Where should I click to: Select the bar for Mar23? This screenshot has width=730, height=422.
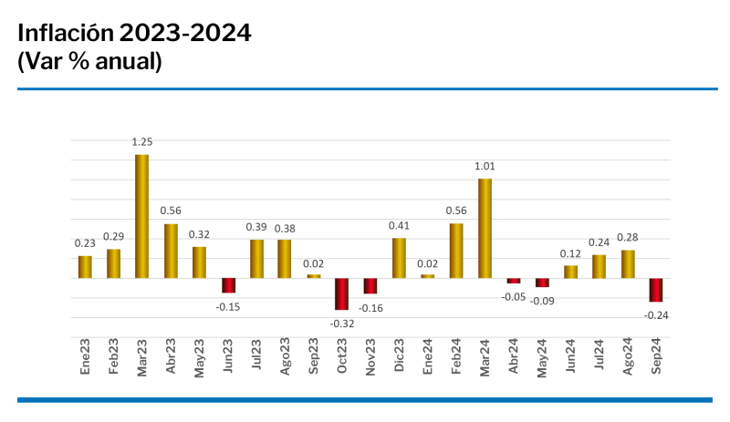pyautogui.click(x=141, y=216)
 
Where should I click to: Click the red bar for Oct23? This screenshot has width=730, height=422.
pyautogui.click(x=341, y=293)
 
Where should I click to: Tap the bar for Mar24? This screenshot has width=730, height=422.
pyautogui.click(x=485, y=228)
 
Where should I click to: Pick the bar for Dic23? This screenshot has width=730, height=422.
pyautogui.click(x=399, y=258)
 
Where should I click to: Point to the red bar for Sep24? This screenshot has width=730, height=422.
pyautogui.click(x=656, y=290)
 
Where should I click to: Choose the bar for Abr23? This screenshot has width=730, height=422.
pyautogui.click(x=171, y=251)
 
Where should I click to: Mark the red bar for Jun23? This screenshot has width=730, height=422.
pyautogui.click(x=228, y=285)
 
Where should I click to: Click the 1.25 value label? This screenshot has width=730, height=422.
pyautogui.click(x=141, y=142)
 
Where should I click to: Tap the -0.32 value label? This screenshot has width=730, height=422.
pyautogui.click(x=341, y=323)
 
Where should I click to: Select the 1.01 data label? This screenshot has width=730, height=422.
pyautogui.click(x=485, y=166)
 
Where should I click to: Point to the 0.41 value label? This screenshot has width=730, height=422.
pyautogui.click(x=399, y=226)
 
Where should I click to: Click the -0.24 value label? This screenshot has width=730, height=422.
pyautogui.click(x=656, y=314)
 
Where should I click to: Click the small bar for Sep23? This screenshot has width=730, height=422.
pyautogui.click(x=313, y=275)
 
